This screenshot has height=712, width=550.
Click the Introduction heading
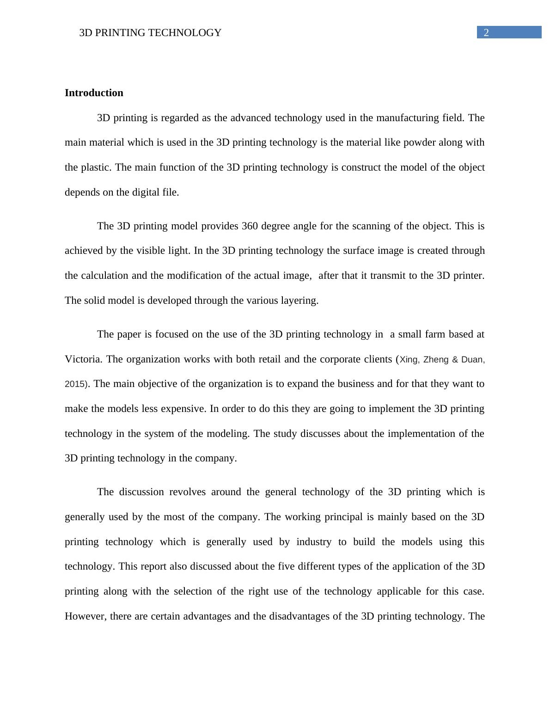click(x=94, y=93)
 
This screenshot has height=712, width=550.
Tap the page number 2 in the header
click(x=486, y=32)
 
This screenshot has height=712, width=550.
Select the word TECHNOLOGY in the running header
click(x=190, y=33)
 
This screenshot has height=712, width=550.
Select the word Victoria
click(x=83, y=359)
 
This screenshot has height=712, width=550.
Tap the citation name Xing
click(x=409, y=360)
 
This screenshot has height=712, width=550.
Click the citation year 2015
click(x=75, y=384)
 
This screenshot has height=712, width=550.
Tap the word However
click(x=86, y=616)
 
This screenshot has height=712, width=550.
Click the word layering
click(x=300, y=301)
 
